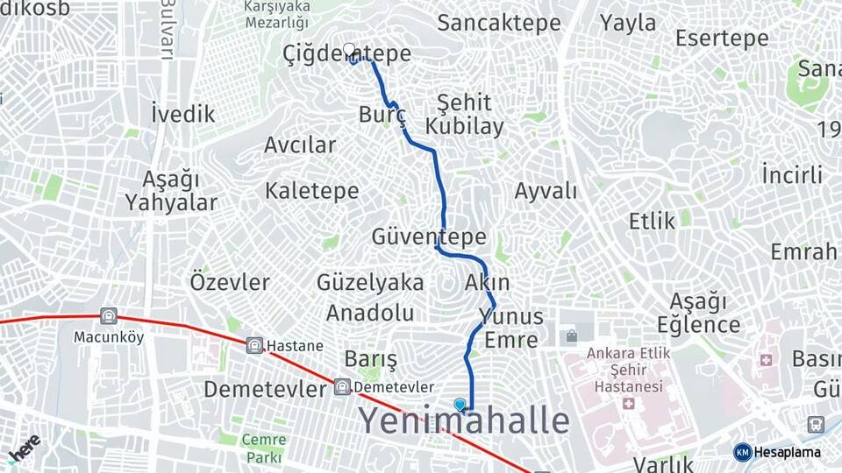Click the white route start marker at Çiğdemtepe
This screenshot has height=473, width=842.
349,49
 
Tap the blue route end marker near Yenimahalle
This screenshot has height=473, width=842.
460,405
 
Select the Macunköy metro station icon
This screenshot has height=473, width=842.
109,316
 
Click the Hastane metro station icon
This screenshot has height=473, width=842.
255,345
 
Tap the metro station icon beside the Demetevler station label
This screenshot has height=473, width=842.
342,387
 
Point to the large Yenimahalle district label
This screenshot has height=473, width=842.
464,421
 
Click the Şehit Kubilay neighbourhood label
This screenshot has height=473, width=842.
465,114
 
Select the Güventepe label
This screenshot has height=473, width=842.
429,236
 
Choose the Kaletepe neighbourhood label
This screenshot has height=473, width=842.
311,190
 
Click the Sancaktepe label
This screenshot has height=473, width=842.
498,23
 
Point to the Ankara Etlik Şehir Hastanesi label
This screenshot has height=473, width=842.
617,369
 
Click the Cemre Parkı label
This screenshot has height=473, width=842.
263,448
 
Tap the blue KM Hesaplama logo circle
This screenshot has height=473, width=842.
742,452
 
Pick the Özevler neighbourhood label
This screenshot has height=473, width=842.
230,282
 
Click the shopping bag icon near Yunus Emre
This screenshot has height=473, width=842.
572,336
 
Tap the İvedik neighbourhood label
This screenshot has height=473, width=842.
182,114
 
